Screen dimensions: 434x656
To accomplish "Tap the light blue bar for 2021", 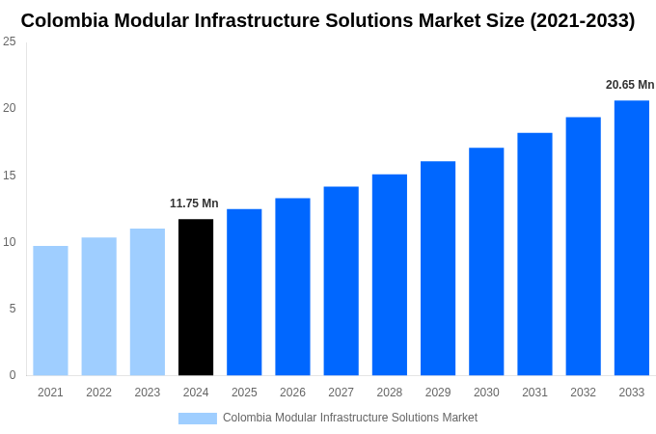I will point(50,311).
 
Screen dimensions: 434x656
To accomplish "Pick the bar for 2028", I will point(389,275).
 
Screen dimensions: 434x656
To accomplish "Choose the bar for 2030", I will point(486,261).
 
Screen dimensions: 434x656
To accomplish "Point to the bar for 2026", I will point(292,286).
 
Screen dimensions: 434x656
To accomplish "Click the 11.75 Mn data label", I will point(194,203).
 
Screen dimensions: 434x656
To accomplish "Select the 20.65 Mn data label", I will point(630,85).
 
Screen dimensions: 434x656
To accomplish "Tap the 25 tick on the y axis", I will point(10,41).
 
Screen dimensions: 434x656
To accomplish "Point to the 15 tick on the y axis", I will point(10,175).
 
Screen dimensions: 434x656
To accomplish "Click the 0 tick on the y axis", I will point(13,375).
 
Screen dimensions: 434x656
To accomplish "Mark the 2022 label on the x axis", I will point(98,393).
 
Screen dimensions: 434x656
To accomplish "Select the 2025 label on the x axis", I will point(244,393).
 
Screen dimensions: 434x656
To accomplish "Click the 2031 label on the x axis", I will point(534,393).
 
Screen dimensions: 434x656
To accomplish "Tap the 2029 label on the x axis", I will point(438,393).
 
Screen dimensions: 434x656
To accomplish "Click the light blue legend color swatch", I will point(198,419).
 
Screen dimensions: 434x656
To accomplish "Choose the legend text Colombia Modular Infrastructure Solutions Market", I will point(349,418).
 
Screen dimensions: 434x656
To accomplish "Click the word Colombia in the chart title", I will point(66,20).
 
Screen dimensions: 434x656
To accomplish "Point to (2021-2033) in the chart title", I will point(582,20).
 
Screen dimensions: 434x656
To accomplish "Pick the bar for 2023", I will point(148,302).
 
